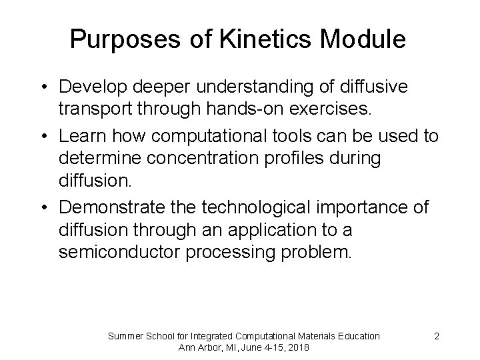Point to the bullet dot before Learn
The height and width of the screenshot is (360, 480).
click(x=43, y=137)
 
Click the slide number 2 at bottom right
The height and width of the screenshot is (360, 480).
click(x=436, y=336)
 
